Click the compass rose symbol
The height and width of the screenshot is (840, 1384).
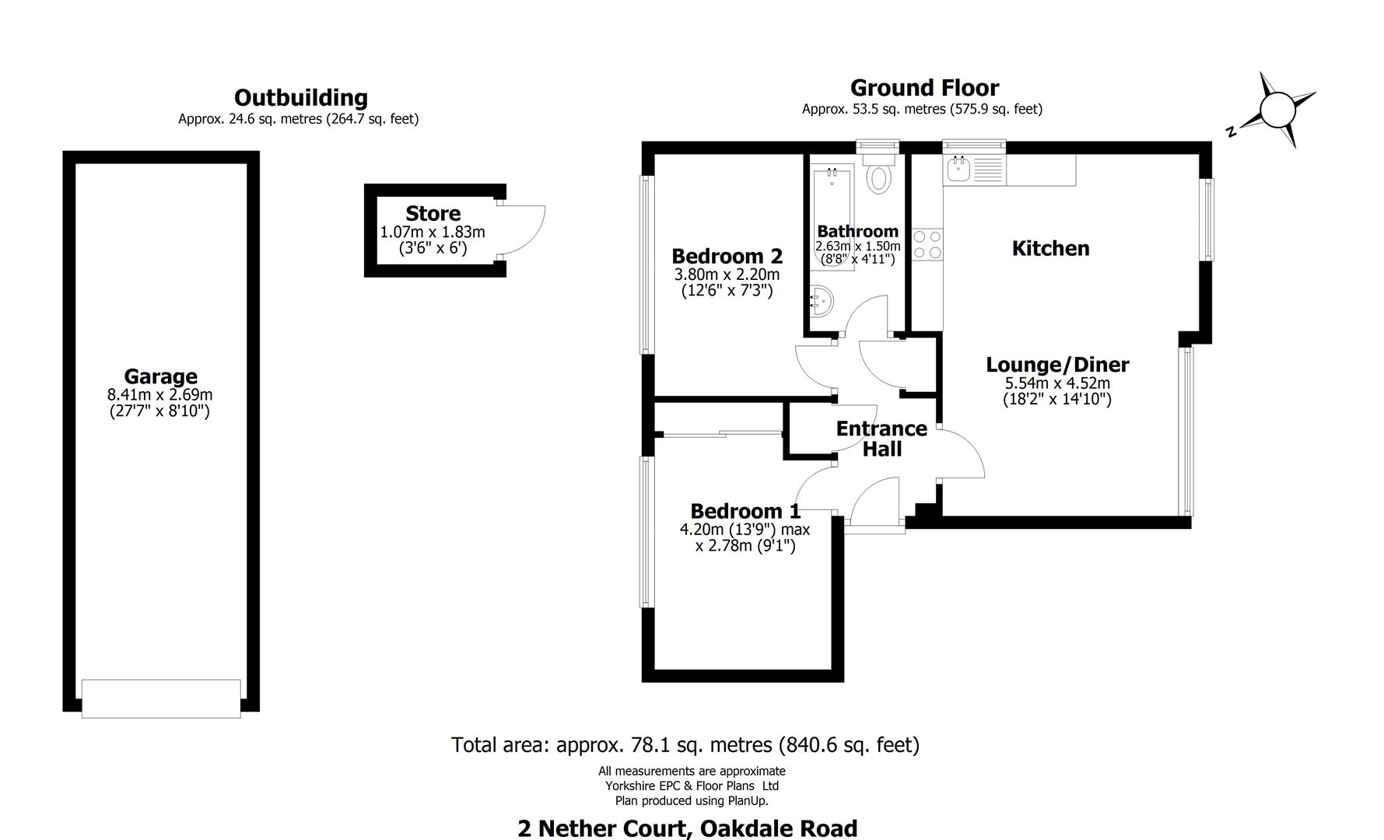pos(1276,110)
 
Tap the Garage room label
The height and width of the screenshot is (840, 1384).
pos(160,377)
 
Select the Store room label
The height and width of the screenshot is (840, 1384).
pos(433,214)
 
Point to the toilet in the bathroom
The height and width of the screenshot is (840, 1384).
pos(880,177)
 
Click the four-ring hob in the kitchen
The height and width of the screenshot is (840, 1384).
pos(927,244)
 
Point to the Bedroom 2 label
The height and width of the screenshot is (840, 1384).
pos(727,257)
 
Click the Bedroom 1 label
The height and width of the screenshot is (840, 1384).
pos(745,512)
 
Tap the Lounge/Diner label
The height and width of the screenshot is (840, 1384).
pos(1057,365)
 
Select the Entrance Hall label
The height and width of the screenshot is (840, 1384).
pos(881,439)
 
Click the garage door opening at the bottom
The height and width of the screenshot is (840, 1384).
pos(161,698)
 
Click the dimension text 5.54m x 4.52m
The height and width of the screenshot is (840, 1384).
pos(1057,383)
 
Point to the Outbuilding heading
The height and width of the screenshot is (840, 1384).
pos(300,98)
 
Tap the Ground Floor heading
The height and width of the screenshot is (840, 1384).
pos(923,88)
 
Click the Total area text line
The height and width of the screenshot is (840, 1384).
pos(685,745)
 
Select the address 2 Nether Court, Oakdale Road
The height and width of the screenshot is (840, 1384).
pos(687,828)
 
